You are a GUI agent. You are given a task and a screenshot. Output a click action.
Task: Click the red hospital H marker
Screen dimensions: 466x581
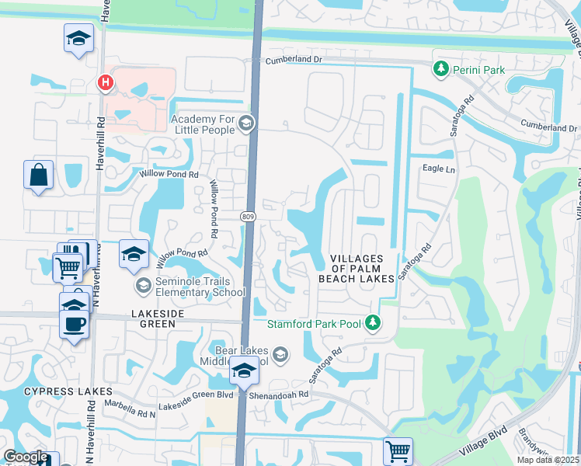(x=103, y=82)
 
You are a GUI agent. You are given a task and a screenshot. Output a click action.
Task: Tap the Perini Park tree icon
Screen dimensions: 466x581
(x=441, y=70)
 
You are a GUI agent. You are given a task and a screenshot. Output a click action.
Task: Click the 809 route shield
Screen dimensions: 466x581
(x=248, y=215)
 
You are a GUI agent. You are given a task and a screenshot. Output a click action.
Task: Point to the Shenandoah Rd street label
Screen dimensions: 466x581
(x=280, y=394)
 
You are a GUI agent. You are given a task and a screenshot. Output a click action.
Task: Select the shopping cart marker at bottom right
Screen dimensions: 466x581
(x=398, y=450)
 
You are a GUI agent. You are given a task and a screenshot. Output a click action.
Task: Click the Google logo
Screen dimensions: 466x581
(x=26, y=457)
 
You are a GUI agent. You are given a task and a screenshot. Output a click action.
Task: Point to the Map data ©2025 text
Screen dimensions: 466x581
(x=548, y=460)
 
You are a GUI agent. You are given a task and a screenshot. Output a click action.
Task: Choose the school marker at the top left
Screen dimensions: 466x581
(x=78, y=39)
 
